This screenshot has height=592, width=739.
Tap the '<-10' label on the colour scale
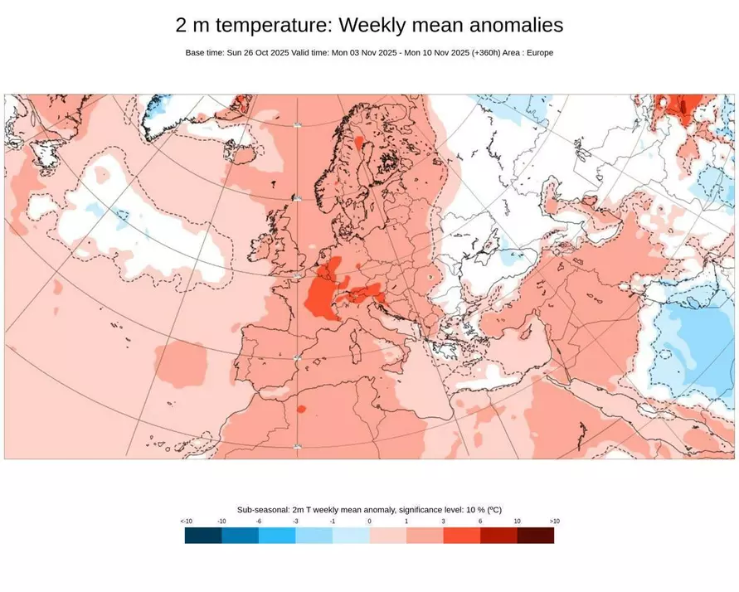point(187,522)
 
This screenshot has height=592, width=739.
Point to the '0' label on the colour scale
point(369,522)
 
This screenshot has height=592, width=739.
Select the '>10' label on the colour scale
point(554,522)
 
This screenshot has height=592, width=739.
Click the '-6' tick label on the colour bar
point(259,522)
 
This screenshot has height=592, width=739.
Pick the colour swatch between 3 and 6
point(461,536)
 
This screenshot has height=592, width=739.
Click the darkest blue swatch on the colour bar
point(203,536)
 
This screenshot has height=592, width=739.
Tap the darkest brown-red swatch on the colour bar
point(535,536)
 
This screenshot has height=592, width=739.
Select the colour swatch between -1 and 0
point(351,536)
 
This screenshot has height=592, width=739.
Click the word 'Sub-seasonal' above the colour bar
point(265,510)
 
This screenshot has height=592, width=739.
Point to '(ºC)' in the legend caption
point(493,510)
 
